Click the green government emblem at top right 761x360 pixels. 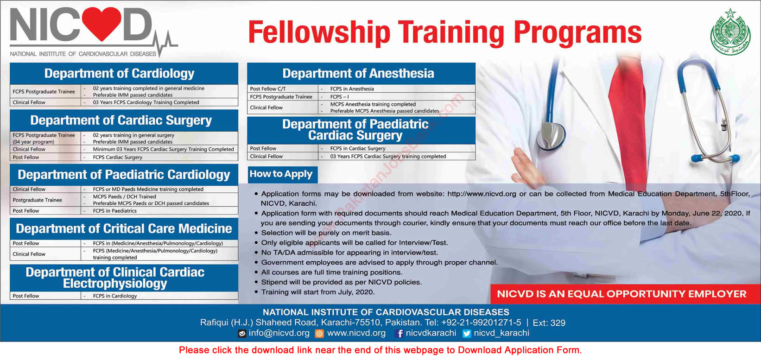[730, 32]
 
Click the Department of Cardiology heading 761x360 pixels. [120, 73]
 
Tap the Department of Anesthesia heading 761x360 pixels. [358, 73]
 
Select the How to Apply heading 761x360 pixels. [281, 174]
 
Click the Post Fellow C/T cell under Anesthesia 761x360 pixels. [268, 88]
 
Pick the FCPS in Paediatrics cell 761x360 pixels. [114, 211]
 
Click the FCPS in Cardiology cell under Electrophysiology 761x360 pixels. [114, 296]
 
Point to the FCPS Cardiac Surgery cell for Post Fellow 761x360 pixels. [117, 157]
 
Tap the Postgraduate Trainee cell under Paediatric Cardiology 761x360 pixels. [37, 200]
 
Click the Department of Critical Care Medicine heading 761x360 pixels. [124, 228]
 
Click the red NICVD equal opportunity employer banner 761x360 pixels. [621, 294]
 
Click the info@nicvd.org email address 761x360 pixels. [279, 333]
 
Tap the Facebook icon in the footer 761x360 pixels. [399, 334]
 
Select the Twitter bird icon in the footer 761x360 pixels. [467, 334]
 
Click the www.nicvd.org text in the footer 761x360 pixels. [356, 333]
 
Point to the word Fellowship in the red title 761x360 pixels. [319, 33]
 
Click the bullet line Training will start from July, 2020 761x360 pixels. [317, 292]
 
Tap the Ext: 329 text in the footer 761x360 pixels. [549, 322]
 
